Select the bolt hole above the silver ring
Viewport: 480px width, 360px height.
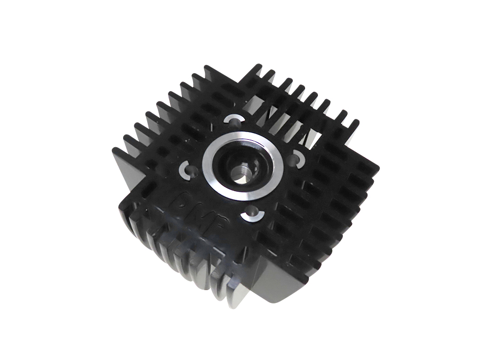pos(233,119)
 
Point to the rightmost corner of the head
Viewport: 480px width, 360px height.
pos(378,170)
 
